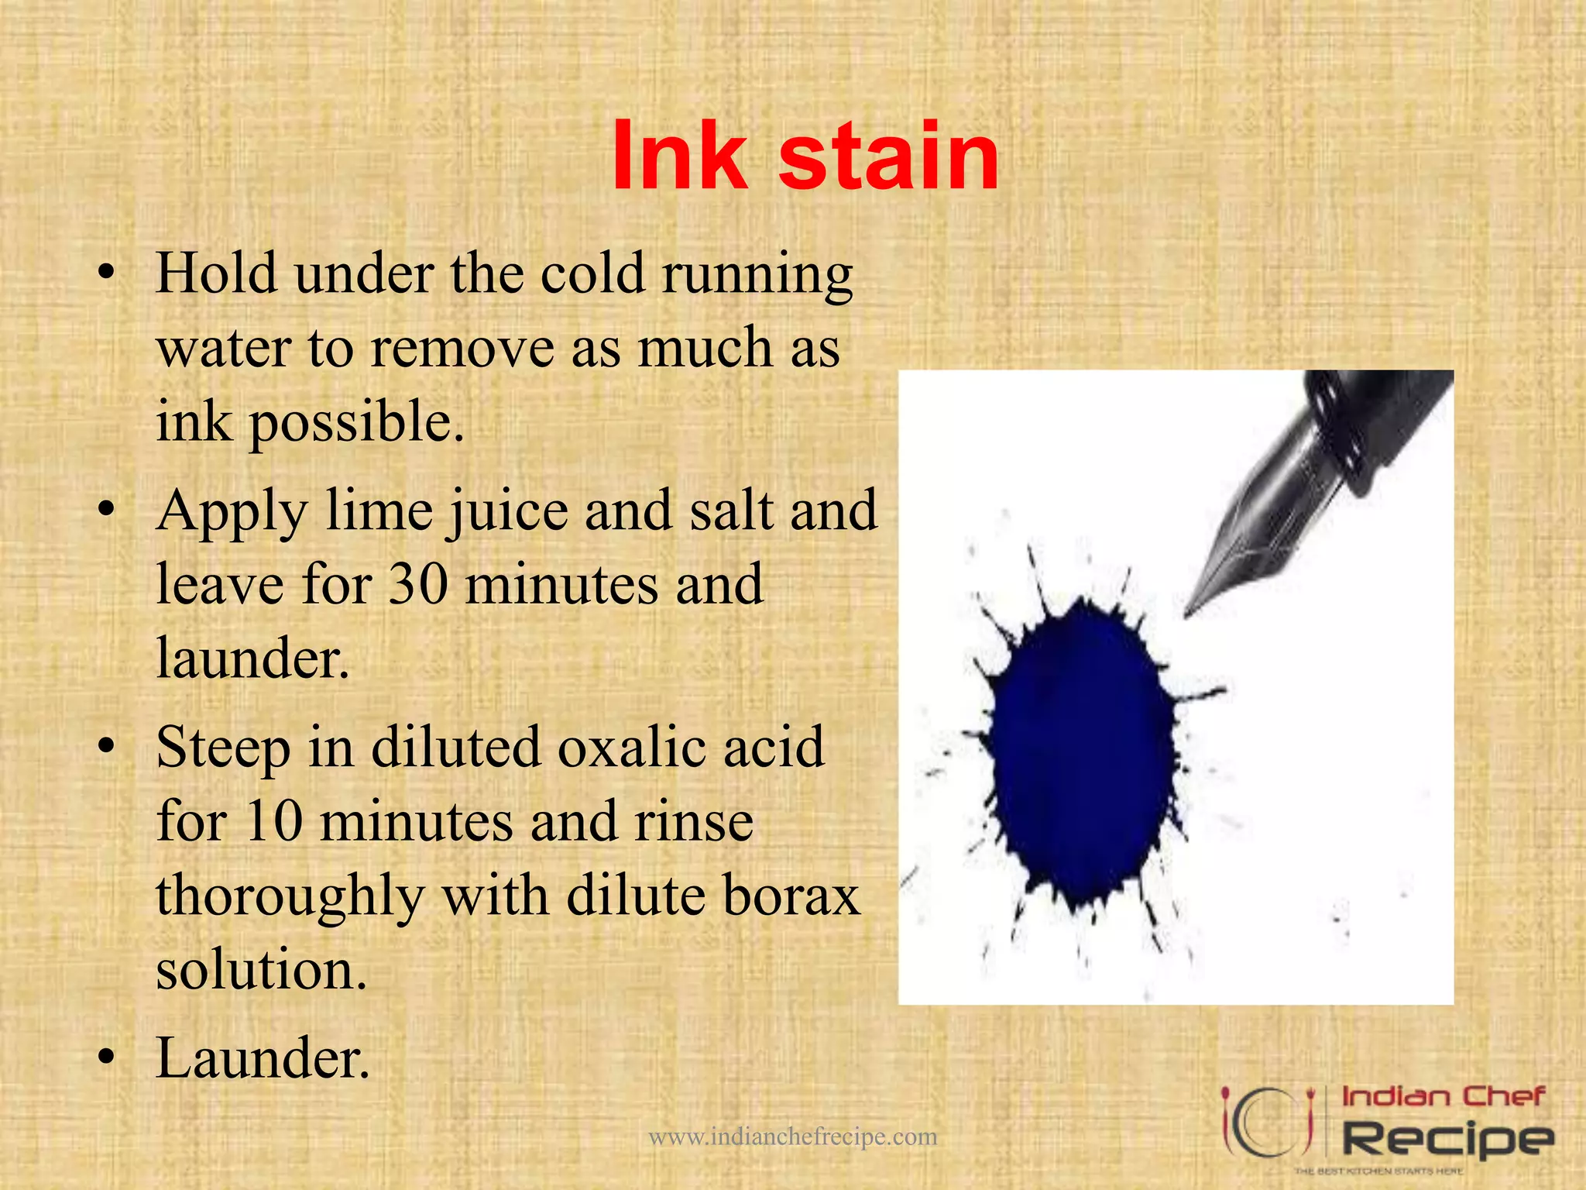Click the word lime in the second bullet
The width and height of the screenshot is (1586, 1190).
click(x=379, y=511)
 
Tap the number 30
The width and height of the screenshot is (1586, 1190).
click(x=418, y=584)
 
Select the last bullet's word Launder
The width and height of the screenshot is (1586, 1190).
click(x=263, y=1058)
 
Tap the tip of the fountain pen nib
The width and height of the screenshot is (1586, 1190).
click(x=1187, y=616)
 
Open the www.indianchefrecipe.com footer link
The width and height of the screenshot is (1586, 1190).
click(x=792, y=1137)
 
